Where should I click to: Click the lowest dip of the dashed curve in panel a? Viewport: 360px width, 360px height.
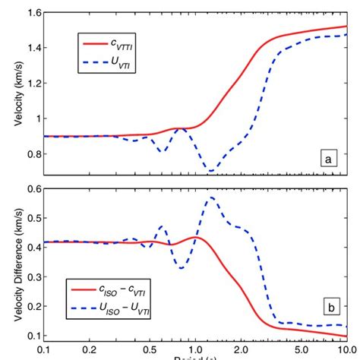212,171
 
